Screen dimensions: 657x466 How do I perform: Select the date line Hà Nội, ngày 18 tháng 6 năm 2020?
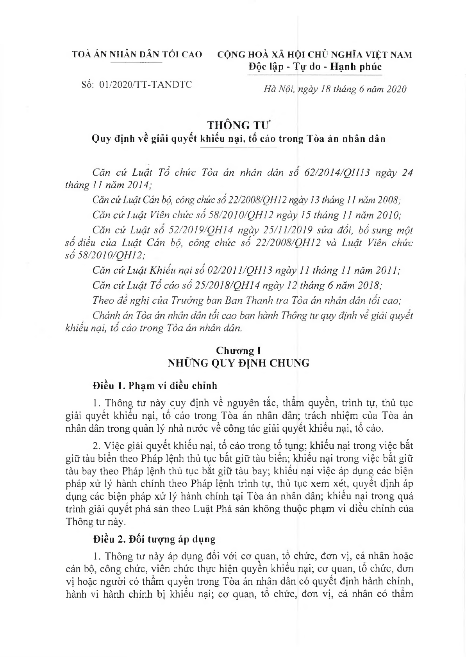[x=335, y=89]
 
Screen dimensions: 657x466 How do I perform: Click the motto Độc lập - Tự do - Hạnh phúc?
[x=315, y=67]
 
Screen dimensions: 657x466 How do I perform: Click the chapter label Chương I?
[x=238, y=351]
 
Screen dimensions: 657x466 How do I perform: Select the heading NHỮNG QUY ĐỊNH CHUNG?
[x=238, y=363]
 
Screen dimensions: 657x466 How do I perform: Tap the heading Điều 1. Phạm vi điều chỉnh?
[x=155, y=386]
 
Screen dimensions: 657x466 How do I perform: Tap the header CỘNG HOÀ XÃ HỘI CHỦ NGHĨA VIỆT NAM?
[x=314, y=54]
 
